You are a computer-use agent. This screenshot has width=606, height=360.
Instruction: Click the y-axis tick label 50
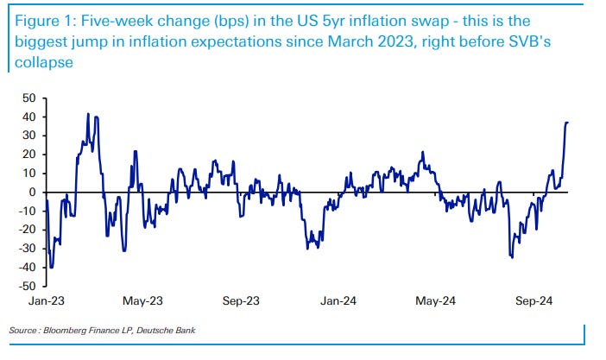(x=29, y=98)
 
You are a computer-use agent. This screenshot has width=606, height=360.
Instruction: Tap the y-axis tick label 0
(x=32, y=192)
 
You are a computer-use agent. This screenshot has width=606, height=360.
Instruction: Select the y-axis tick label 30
(x=29, y=136)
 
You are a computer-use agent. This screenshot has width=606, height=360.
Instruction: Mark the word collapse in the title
(x=42, y=61)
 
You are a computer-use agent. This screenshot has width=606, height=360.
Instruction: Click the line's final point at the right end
(x=567, y=123)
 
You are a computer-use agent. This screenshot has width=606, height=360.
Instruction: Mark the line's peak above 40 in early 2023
(x=88, y=114)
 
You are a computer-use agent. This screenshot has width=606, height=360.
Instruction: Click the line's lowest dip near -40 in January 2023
(x=52, y=267)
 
